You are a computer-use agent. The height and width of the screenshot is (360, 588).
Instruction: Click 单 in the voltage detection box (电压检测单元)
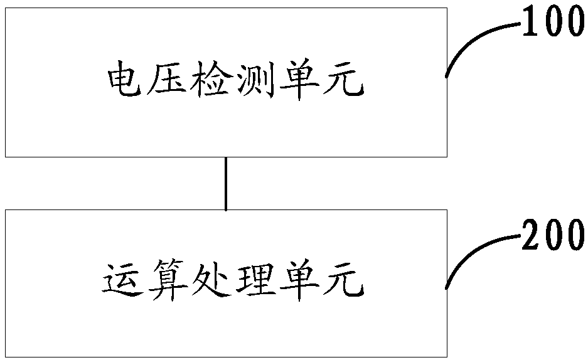click(x=297, y=82)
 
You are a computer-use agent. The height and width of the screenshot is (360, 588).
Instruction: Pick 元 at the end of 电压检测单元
click(x=343, y=82)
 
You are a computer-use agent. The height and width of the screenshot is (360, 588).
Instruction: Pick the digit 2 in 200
click(x=529, y=236)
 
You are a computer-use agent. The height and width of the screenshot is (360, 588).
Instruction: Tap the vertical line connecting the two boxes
click(x=226, y=183)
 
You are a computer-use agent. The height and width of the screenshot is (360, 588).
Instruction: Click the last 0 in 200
click(x=574, y=236)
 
